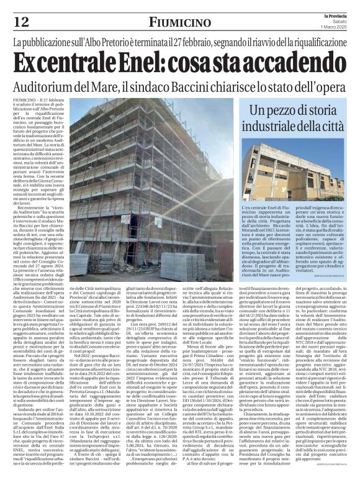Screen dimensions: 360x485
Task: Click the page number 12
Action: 20,22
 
